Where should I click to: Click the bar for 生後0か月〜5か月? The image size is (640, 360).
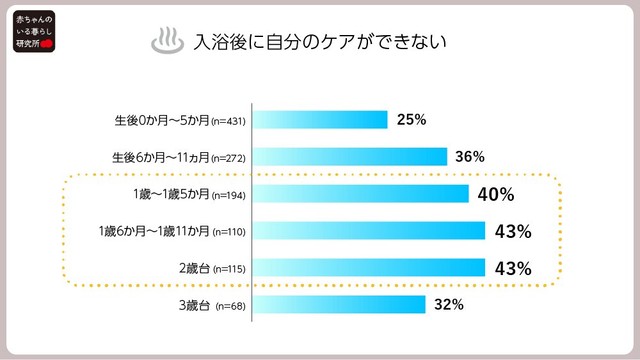tap(319, 120)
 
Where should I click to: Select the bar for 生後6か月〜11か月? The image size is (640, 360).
tap(349, 157)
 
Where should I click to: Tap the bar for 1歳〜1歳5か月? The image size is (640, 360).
tap(360, 194)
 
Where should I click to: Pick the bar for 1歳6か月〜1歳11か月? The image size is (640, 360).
tap(368, 231)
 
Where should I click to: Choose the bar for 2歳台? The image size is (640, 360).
tap(368, 268)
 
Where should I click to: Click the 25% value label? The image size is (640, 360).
tap(411, 120)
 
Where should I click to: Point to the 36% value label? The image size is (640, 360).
tap(470, 157)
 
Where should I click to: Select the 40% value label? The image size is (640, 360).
tap(496, 194)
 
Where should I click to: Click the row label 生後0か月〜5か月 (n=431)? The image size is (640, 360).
tap(180, 121)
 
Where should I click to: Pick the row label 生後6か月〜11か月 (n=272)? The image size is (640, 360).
tap(179, 158)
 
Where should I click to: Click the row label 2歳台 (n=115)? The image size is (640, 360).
tap(213, 268)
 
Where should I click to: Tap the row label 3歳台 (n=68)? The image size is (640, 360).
tap(214, 305)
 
